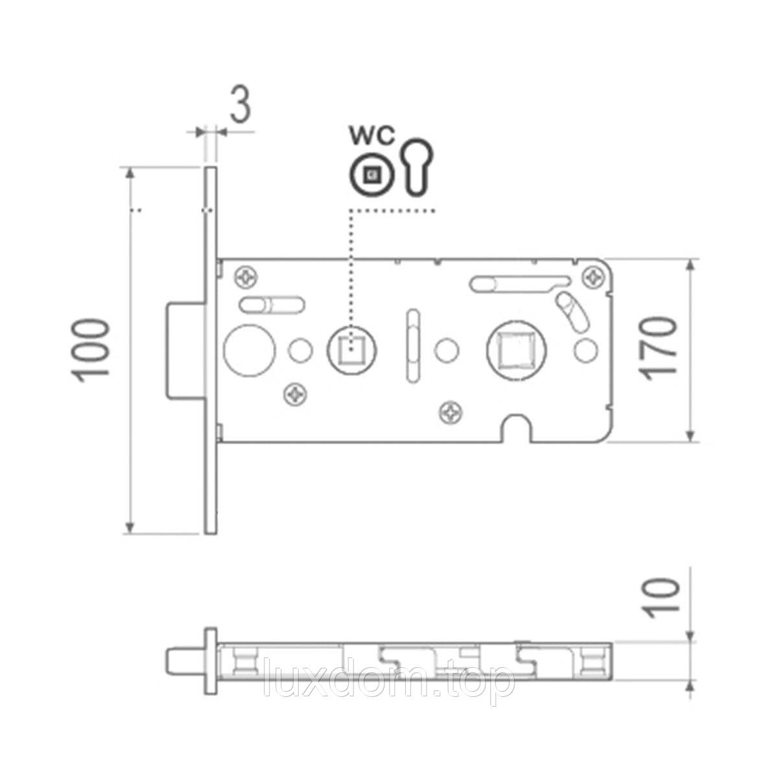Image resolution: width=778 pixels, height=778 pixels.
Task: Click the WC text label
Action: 372,136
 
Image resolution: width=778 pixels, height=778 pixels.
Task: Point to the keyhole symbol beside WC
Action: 418,168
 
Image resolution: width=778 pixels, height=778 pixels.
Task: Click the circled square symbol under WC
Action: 371,175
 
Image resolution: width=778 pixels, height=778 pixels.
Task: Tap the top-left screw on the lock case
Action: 246,277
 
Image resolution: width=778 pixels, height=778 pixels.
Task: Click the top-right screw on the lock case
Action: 596,277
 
